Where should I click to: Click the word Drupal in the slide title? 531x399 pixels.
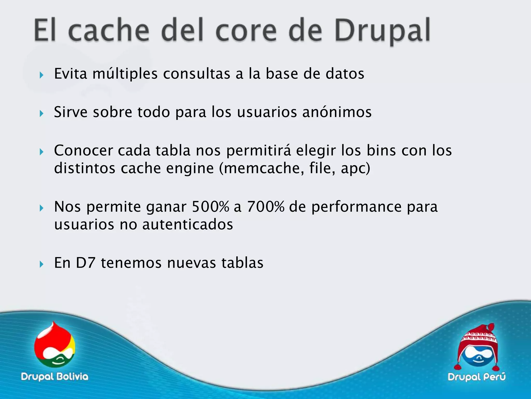coord(383,31)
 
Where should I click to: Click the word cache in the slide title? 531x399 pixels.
coord(109,31)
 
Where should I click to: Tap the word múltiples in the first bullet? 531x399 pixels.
coord(125,74)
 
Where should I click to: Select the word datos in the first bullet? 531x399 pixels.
coord(345,74)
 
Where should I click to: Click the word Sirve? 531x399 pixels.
coord(71,112)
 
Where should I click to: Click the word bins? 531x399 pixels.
coord(381,151)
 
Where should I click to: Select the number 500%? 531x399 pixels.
coord(211,207)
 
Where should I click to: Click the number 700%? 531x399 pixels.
coord(266,207)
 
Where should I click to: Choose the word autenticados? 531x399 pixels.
coord(188,225)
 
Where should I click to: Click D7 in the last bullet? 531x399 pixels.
coord(86,263)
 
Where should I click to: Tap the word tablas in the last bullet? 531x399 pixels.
coord(242,263)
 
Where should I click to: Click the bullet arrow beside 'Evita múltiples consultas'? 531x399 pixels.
coord(41,75)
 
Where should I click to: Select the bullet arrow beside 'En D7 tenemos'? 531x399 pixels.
coord(41,264)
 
